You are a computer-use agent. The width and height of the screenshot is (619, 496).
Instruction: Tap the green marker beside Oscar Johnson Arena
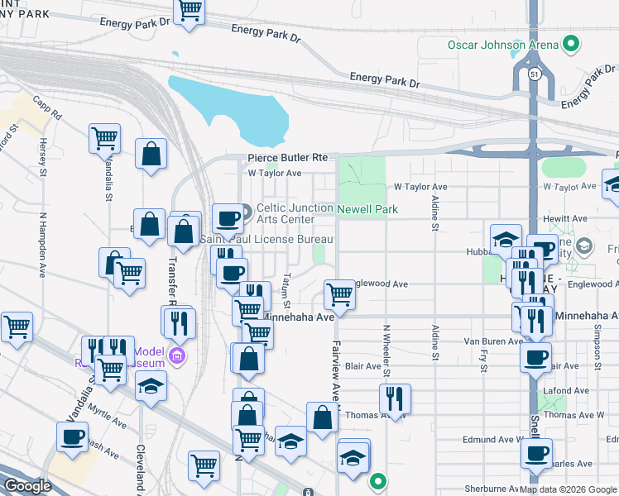(571, 43)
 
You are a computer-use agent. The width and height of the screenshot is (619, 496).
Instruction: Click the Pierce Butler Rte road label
(288, 158)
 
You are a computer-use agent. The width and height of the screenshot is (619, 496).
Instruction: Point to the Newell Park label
(367, 210)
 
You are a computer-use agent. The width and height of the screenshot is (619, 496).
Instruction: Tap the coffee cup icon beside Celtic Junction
(228, 218)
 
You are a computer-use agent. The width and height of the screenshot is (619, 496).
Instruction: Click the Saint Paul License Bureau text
(266, 239)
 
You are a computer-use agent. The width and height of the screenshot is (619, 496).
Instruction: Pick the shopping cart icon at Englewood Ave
(339, 293)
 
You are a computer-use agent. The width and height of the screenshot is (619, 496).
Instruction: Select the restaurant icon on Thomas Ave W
(395, 400)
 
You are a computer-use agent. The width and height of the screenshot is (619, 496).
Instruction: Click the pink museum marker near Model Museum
(175, 356)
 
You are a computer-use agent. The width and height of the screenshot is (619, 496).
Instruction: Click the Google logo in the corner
(27, 486)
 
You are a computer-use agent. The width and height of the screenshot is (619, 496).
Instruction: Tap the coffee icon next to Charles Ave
(537, 454)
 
